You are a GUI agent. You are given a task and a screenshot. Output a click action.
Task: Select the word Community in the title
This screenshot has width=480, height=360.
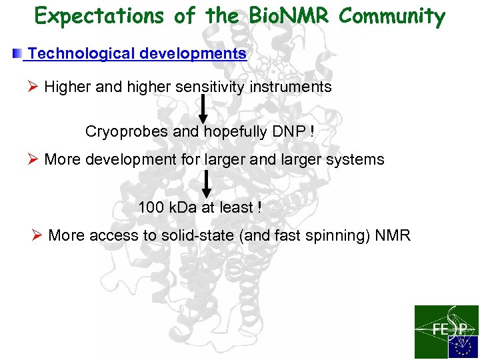pos(392,16)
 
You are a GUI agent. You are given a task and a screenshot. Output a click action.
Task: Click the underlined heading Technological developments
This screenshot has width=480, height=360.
pos(137,53)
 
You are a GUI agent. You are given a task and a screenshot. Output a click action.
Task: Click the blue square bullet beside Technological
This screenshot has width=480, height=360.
pos(17,53)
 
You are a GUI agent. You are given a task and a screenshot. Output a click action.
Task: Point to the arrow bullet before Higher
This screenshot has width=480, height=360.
pos(34,87)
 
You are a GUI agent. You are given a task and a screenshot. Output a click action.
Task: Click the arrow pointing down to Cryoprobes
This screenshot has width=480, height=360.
pos(203,109)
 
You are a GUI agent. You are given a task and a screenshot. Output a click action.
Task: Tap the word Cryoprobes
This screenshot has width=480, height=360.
pos(127,132)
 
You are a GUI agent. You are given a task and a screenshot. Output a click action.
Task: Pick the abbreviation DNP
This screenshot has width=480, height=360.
pos(289,132)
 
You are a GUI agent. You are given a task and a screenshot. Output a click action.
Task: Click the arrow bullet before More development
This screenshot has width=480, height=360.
pos(34,160)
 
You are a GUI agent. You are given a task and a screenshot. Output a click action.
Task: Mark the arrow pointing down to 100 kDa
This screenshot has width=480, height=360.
pos(207,183)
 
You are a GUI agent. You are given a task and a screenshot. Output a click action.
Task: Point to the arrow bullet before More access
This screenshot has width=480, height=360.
pos(38,235)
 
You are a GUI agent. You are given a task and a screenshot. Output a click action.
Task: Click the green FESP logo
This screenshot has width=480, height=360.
pos(446,331)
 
